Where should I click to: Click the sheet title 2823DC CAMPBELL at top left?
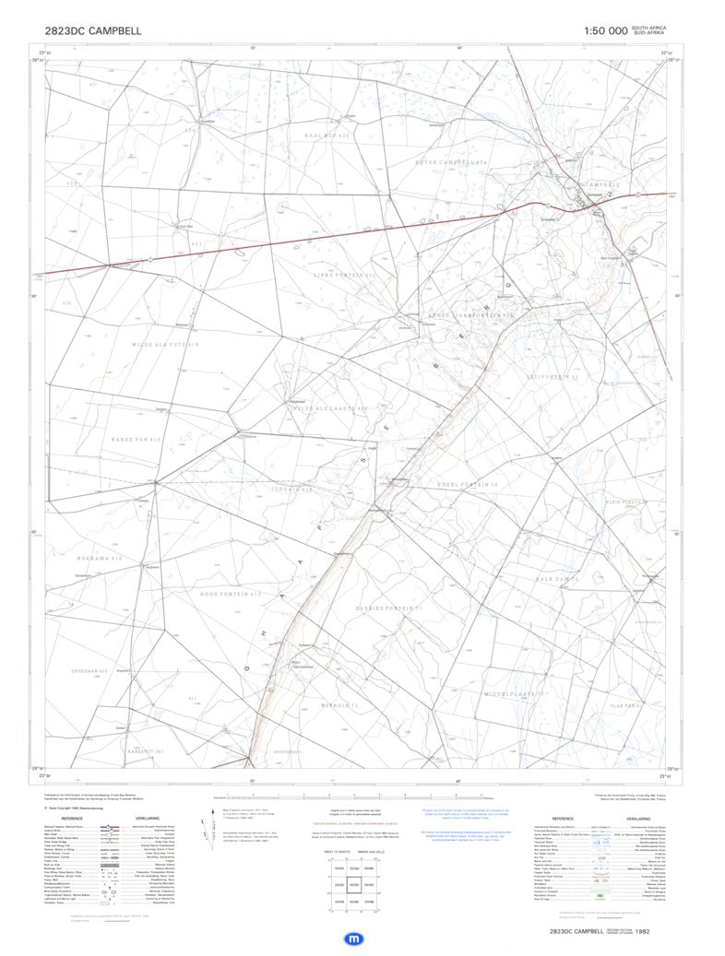pos(93,30)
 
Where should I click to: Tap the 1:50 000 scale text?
pos(606,30)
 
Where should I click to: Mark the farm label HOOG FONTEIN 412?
pos(231,594)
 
